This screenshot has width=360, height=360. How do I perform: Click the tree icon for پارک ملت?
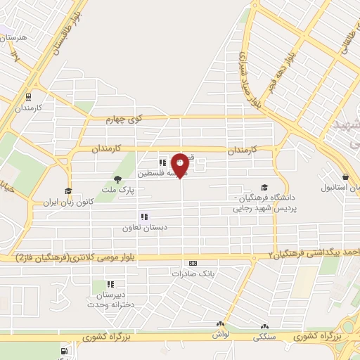(117, 179)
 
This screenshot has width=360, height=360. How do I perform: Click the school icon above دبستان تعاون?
(143, 217)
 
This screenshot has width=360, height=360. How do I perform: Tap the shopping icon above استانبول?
(345, 178)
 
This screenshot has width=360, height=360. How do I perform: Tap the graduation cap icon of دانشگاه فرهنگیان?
(264, 187)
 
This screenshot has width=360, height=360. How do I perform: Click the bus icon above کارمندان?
(28, 97)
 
